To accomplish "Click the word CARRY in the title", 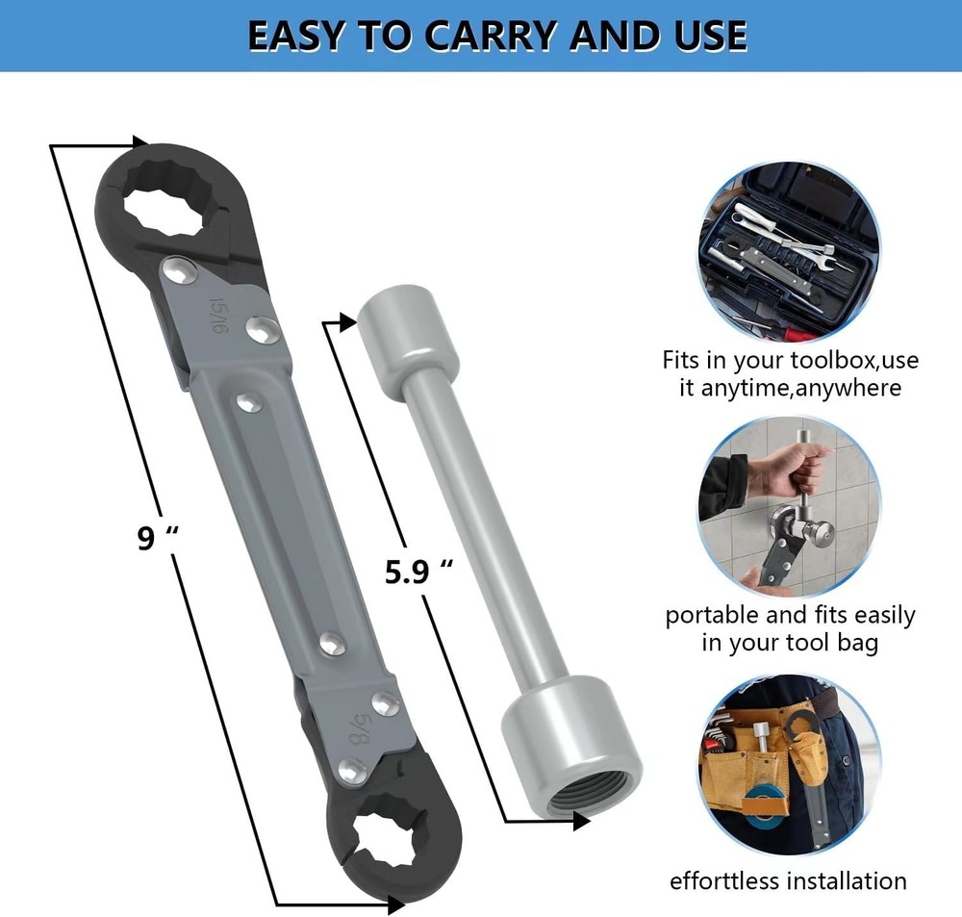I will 488,36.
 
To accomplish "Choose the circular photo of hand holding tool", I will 789,508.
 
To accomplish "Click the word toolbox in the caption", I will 825,362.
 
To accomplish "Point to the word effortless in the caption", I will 724,881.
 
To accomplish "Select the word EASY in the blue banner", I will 295,36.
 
